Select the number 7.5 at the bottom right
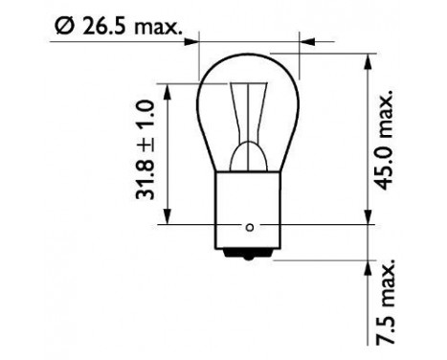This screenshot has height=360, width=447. (388, 326)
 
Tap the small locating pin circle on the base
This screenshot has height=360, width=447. (250, 227)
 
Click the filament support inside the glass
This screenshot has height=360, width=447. (250, 124)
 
